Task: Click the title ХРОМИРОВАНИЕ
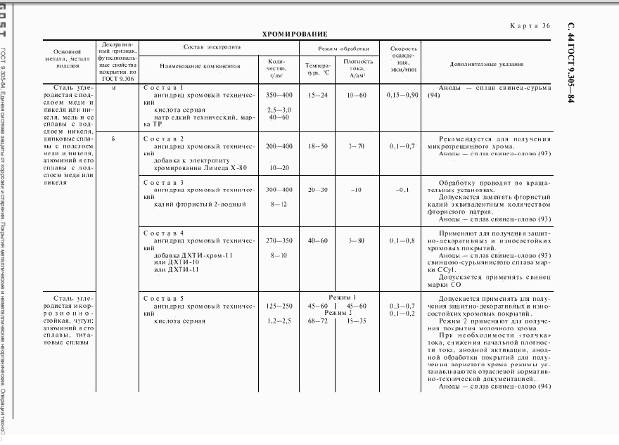tap(295, 34)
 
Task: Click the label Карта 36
tap(529, 26)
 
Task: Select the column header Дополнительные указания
tap(487, 65)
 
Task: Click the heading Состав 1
tap(163, 88)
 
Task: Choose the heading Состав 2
tap(163, 139)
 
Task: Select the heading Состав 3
tap(163, 183)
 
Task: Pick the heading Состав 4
tap(163, 233)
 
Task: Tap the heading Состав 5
tap(163, 299)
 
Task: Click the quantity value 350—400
tap(279, 94)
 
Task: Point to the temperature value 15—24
tap(318, 94)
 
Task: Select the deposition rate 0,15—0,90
tap(402, 94)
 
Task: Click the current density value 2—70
tap(357, 146)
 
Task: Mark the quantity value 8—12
tap(279, 204)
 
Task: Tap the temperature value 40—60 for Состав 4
tap(318, 240)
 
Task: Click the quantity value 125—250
tap(279, 307)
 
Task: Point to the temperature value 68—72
tap(318, 321)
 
